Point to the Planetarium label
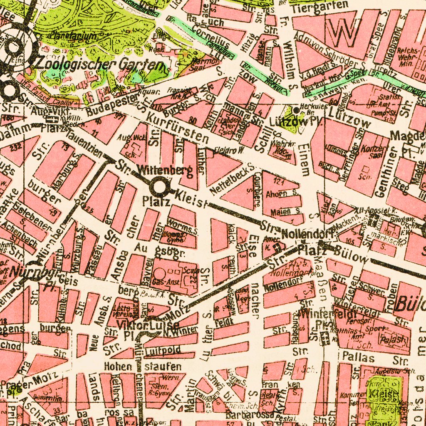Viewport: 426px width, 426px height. click(74, 36)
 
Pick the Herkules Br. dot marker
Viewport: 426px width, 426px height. click(295, 110)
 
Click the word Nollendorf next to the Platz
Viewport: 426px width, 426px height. click(308, 234)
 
